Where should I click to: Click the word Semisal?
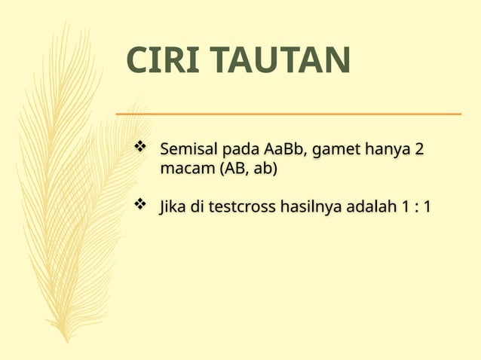click(x=187, y=149)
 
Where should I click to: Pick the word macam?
click(x=186, y=169)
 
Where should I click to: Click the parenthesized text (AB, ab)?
click(x=247, y=169)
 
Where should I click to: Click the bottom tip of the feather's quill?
click(x=67, y=340)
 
